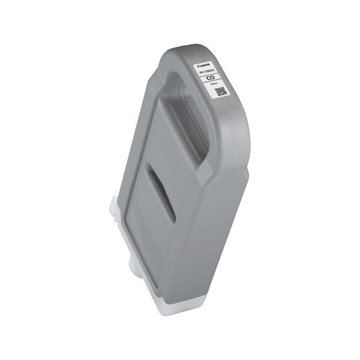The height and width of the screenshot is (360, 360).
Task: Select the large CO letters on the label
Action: (x=210, y=78)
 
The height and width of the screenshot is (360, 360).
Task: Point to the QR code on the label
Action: (x=220, y=92)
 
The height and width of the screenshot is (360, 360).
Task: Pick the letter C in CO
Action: (x=208, y=78)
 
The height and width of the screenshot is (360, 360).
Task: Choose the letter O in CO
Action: (x=212, y=79)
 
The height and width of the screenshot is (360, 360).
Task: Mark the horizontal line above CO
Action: (x=209, y=74)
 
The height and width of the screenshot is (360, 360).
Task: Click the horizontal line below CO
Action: (x=211, y=83)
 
